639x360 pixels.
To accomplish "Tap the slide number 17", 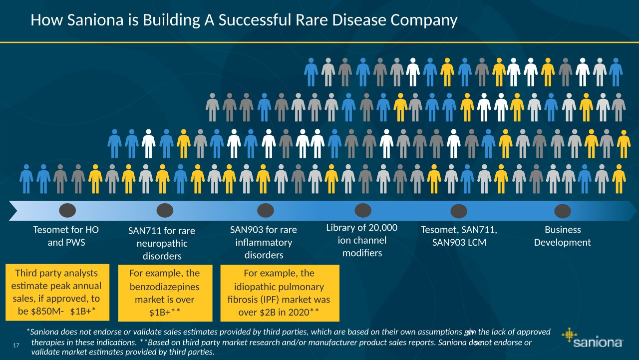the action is (16, 346).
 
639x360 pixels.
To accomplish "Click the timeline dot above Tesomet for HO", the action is (67, 211).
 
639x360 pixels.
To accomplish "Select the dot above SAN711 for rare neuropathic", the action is (165, 211).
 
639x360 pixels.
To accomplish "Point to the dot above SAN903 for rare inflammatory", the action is (265, 211).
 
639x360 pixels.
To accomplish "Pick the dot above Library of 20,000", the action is (363, 211).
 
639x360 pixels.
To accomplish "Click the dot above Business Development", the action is (563, 211).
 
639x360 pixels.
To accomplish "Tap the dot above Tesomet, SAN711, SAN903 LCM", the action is (459, 211).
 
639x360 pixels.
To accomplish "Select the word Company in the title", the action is (424, 21).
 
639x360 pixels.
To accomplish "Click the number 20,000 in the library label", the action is (383, 228).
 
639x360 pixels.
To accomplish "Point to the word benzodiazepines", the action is (165, 287).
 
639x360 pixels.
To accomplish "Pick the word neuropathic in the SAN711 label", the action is (162, 244).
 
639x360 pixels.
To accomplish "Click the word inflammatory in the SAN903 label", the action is (264, 243).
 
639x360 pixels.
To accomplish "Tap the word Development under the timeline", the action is (562, 243).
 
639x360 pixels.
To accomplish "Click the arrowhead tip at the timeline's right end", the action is (637, 211).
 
